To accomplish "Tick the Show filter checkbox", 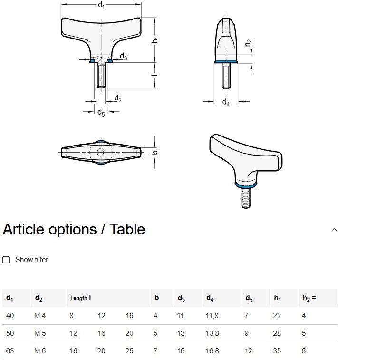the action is [6, 260].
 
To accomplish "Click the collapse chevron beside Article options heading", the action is [334, 230].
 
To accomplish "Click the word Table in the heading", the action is [127, 229].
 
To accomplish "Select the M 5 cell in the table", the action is [40, 333].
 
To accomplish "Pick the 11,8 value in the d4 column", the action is [212, 316].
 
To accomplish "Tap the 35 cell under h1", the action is [277, 351].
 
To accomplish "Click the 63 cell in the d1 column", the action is [10, 351].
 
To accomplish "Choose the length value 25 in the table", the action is [129, 351].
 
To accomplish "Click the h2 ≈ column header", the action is [309, 298].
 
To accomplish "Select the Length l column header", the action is [80, 298].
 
